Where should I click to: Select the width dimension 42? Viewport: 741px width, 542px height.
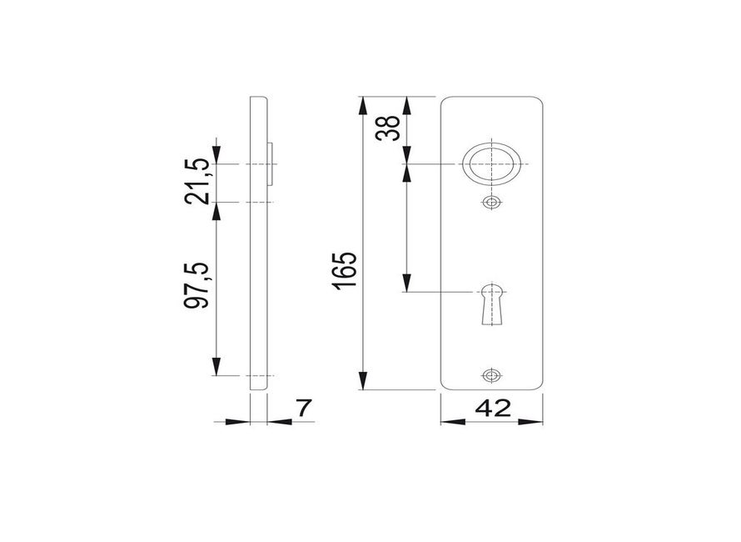[x=492, y=409]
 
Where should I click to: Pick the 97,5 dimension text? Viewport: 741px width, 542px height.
[x=196, y=285]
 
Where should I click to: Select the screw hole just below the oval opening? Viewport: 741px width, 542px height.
[x=491, y=203]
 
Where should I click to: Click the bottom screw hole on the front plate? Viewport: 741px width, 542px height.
[x=491, y=375]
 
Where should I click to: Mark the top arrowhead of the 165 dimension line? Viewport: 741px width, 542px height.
[x=364, y=104]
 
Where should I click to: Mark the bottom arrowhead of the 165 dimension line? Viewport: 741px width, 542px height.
[x=364, y=383]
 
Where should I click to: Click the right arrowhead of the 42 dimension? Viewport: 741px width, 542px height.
[x=536, y=421]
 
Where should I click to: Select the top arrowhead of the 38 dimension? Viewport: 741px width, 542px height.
[x=406, y=104]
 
